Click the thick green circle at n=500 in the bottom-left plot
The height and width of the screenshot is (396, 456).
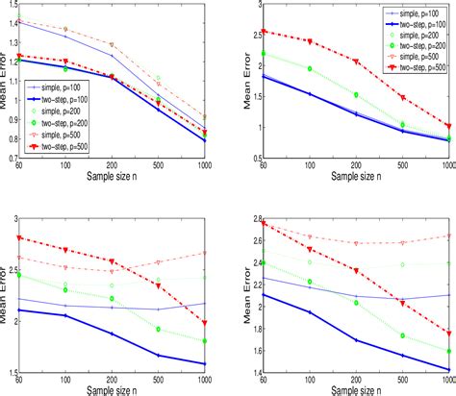click(159, 330)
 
